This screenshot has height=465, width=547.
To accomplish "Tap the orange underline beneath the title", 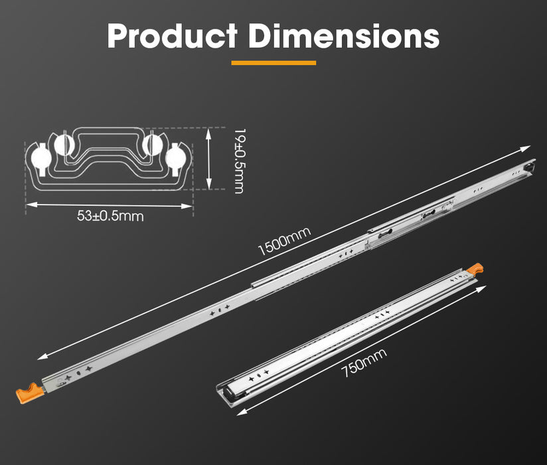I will pos(273,63).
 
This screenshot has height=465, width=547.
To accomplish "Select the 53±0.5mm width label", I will pos(110,217).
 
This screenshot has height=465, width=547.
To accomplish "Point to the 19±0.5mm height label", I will pos(237,161).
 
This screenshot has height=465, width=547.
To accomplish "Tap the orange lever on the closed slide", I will pos(475,270).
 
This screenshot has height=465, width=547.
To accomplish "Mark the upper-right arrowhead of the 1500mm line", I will pos(528,147).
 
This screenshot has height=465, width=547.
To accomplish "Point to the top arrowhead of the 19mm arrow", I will pos(210,132).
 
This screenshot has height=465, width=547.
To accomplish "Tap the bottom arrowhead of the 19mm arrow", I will pos(210,189).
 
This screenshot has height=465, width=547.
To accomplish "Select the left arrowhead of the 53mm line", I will pos(29,205).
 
